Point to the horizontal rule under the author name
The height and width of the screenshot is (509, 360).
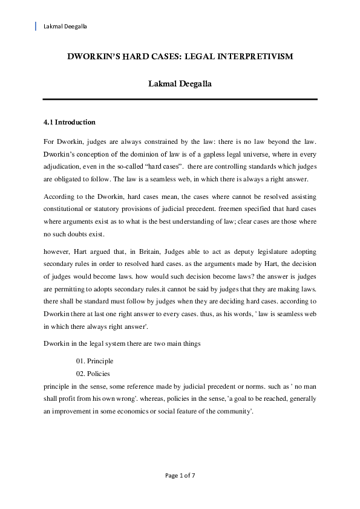tap(180, 99)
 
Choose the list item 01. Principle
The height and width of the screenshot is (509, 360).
tap(94, 361)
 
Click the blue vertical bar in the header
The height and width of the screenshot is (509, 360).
tap(36, 26)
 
